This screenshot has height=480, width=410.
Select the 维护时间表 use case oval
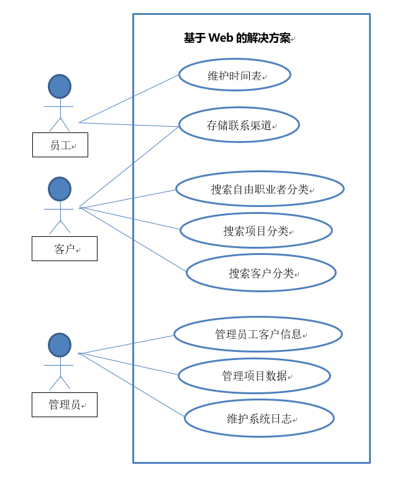pyautogui.click(x=235, y=75)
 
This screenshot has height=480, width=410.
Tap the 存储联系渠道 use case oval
pyautogui.click(x=239, y=125)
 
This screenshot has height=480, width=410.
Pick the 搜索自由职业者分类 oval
pyautogui.click(x=260, y=189)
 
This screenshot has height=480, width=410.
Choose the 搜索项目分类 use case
pyautogui.click(x=256, y=231)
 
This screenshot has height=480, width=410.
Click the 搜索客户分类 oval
pyautogui.click(x=261, y=272)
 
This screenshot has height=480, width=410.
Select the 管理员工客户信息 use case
pyautogui.click(x=258, y=334)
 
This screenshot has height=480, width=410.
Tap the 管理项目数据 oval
pyautogui.click(x=254, y=376)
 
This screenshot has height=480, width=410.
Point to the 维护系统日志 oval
pyautogui.click(x=259, y=418)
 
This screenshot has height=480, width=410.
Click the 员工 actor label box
pyautogui.click(x=60, y=145)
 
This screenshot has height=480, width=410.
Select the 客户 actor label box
pyautogui.click(x=65, y=249)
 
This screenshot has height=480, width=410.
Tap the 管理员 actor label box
pyautogui.click(x=65, y=404)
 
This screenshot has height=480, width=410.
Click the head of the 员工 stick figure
pyautogui.click(x=60, y=86)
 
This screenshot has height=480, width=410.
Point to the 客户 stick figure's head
pyautogui.click(x=60, y=189)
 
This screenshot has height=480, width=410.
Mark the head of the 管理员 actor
pyautogui.click(x=60, y=345)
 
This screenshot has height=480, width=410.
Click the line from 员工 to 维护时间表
pyautogui.click(x=129, y=98)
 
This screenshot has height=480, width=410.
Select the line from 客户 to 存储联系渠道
pyautogui.click(x=129, y=167)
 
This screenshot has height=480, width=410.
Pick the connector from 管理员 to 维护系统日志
pyautogui.click(x=132, y=385)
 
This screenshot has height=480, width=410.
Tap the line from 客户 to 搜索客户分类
pyautogui.click(x=133, y=239)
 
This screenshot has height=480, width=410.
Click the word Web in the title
pyautogui.click(x=220, y=38)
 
